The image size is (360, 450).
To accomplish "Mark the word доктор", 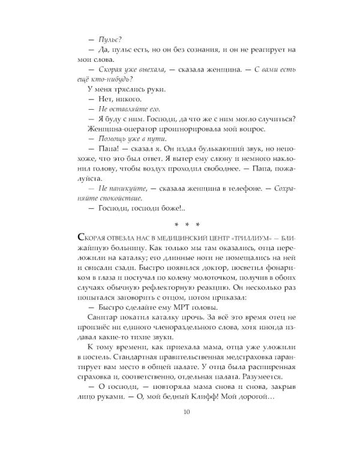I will click(x=194, y=263).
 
